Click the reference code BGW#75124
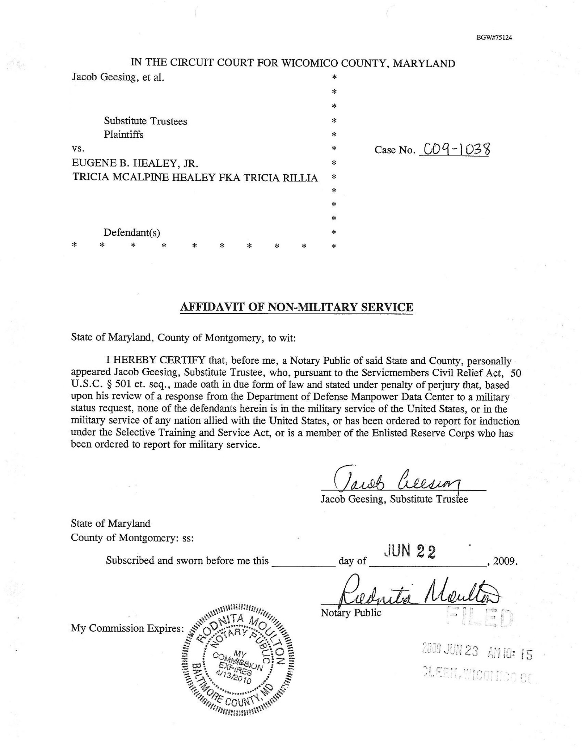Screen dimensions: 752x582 pyautogui.click(x=494, y=38)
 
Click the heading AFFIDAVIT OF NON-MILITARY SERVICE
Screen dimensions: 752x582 pyautogui.click(x=296, y=307)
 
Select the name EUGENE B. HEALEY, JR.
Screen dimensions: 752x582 pyautogui.click(x=135, y=163)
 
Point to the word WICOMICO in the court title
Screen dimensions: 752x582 pyautogui.click(x=309, y=63)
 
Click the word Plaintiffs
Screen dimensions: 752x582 pyautogui.click(x=123, y=134)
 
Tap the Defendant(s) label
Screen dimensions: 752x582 pyautogui.click(x=132, y=232)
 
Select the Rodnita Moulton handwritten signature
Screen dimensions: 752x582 pyautogui.click(x=416, y=592)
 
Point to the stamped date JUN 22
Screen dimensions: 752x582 pyautogui.click(x=409, y=551)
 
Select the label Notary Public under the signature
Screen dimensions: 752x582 pyautogui.click(x=351, y=613)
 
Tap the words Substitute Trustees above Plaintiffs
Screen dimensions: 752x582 pyautogui.click(x=145, y=121)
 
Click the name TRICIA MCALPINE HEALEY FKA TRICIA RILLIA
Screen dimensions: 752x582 pyautogui.click(x=195, y=178)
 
